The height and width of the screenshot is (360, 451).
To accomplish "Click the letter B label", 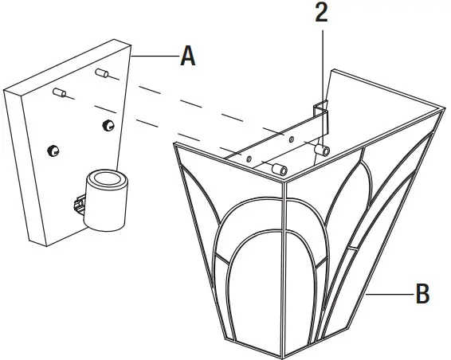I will [x=422, y=294].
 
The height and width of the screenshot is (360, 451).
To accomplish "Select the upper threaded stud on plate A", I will [x=101, y=75].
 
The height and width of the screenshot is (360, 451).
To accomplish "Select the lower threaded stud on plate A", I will [x=58, y=94].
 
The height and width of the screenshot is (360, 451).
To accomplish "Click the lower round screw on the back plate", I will [x=54, y=150].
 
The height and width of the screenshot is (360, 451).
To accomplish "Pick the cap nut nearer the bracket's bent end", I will [x=322, y=149].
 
